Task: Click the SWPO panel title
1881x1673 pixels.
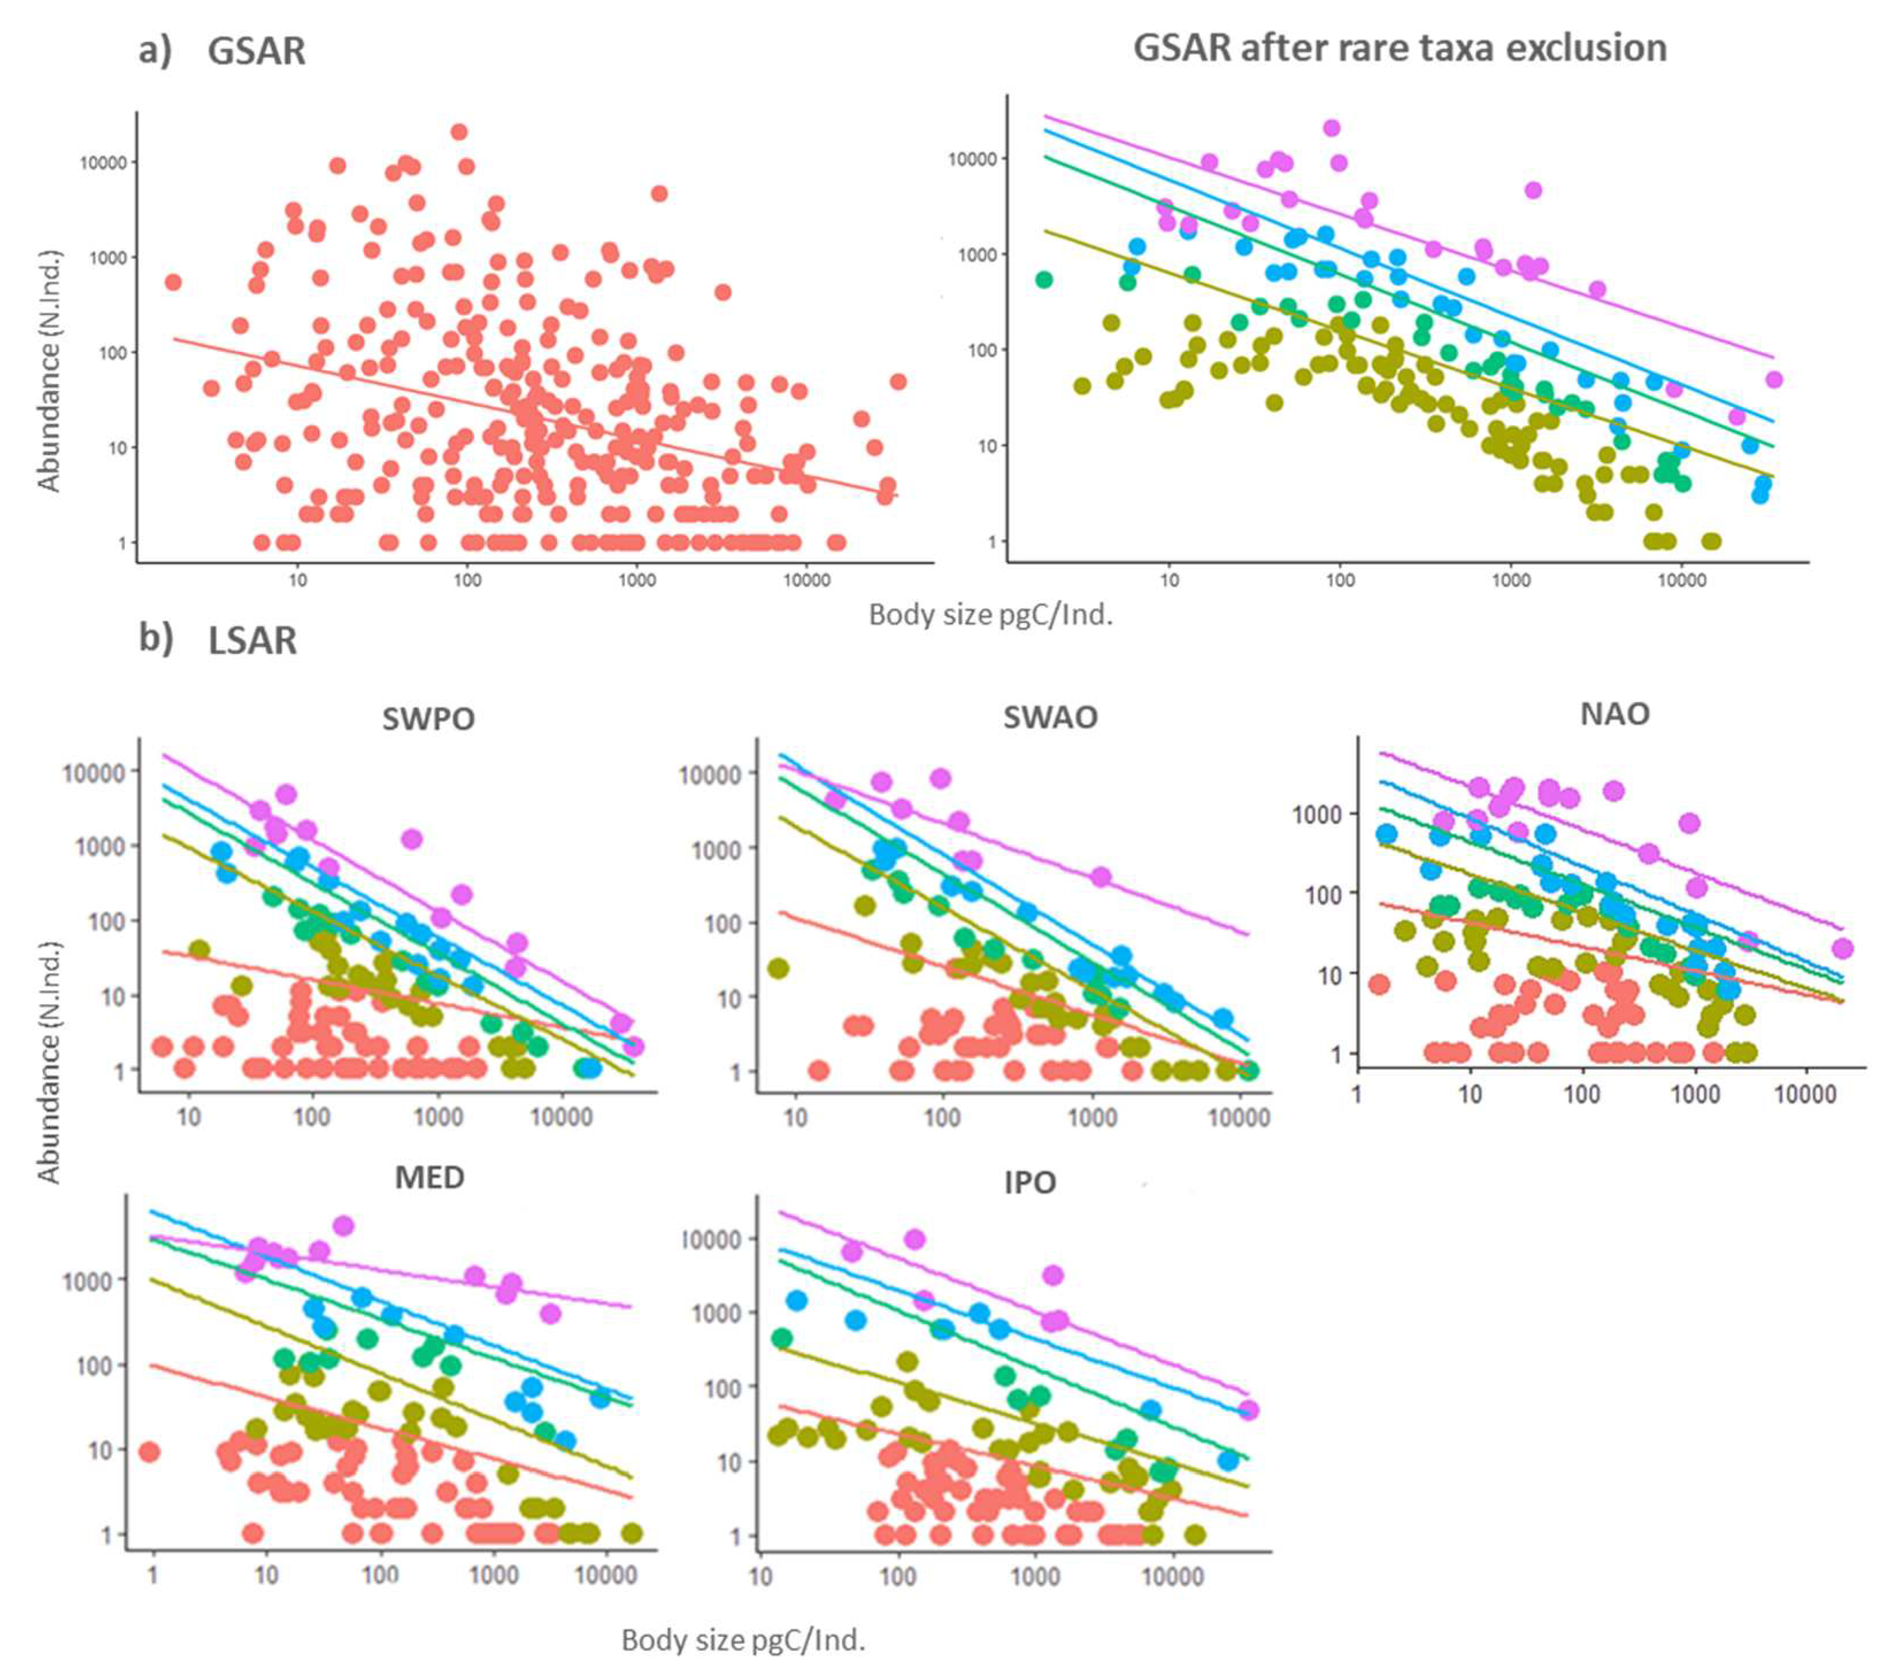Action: [x=428, y=718]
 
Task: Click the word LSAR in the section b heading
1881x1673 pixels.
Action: [x=252, y=640]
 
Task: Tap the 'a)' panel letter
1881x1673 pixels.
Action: [x=155, y=49]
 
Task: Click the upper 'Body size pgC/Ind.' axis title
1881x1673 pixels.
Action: [x=990, y=615]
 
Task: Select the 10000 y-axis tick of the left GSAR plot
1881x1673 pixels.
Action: [x=102, y=163]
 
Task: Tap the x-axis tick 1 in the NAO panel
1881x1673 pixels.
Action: [x=1356, y=1094]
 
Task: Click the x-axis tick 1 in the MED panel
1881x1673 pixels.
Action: [x=153, y=1575]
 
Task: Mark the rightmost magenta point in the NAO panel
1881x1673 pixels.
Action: [x=1841, y=948]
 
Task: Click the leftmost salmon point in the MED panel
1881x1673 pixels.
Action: [x=149, y=1451]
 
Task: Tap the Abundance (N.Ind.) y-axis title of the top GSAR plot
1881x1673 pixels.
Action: [x=49, y=370]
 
